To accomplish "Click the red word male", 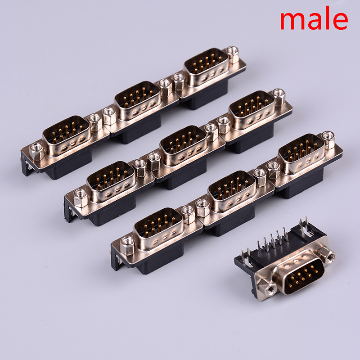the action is (314, 18).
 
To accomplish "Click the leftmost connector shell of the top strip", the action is (66, 136).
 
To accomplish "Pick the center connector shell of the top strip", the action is (137, 100).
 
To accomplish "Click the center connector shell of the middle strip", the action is (183, 145).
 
